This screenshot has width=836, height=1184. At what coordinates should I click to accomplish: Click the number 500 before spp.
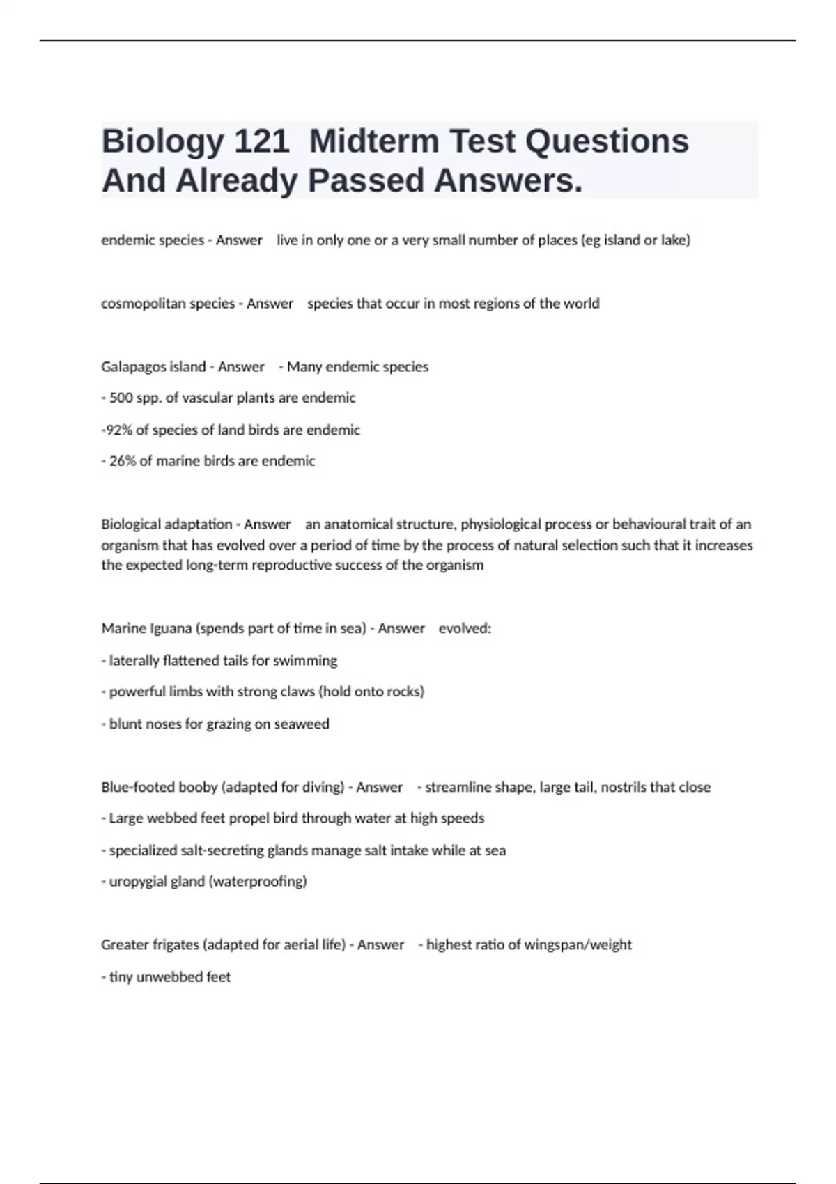(x=120, y=398)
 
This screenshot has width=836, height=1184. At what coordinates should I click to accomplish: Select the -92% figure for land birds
(x=117, y=430)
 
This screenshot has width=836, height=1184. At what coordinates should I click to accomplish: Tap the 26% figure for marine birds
(x=122, y=461)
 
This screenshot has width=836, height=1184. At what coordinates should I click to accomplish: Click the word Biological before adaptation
(x=130, y=524)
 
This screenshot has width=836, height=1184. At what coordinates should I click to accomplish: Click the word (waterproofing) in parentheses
(x=258, y=882)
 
